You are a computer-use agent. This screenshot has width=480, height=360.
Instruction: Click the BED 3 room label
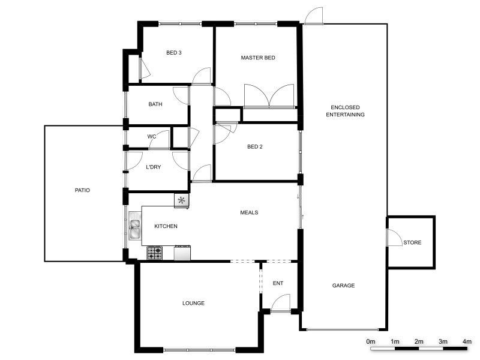174,53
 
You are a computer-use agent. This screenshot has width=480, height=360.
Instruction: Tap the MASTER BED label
258,58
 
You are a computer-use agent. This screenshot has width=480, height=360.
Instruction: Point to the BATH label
155,104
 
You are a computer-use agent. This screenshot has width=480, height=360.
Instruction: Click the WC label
152,137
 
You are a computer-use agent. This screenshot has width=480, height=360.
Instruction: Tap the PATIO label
82,190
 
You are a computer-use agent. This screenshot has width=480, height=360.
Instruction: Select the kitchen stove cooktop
155,253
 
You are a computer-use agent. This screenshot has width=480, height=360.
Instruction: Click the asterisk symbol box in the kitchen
181,200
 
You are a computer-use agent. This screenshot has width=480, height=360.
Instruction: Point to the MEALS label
249,212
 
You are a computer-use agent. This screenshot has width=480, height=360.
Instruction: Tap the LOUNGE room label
193,304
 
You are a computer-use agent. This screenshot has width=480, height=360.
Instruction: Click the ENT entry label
278,283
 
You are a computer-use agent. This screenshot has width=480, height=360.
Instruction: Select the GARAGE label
343,286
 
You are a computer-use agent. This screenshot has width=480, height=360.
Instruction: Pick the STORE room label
412,243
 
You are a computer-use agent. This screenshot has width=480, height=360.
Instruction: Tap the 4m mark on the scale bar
467,341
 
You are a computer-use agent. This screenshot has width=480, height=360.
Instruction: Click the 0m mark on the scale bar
371,341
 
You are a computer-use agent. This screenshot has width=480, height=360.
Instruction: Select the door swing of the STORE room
394,238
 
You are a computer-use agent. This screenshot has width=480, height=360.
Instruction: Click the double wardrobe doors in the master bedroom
269,96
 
